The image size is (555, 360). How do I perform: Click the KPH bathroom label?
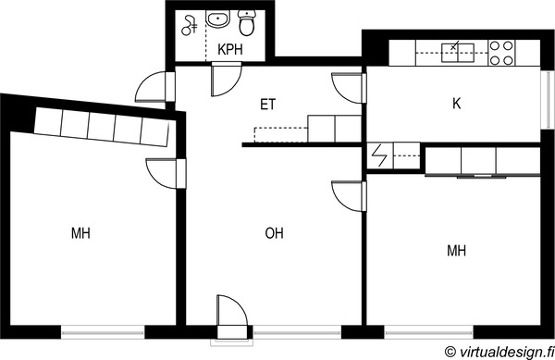pyautogui.click(x=230, y=50)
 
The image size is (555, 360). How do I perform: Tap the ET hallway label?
pyautogui.click(x=267, y=105)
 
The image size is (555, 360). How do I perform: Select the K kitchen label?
pyautogui.click(x=457, y=104)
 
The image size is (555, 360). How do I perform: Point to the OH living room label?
pyautogui.click(x=275, y=233)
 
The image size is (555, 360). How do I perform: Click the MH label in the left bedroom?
pyautogui.click(x=80, y=233)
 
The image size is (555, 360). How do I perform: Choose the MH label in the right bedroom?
pyautogui.click(x=457, y=251)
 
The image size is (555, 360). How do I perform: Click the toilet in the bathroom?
pyautogui.click(x=247, y=22)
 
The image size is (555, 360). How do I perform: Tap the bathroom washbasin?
pyautogui.click(x=218, y=19)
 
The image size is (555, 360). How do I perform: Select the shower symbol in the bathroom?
pyautogui.click(x=190, y=26)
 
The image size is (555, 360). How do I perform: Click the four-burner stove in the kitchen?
pyautogui.click(x=501, y=53)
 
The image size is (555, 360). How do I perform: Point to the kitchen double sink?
pyautogui.click(x=458, y=53)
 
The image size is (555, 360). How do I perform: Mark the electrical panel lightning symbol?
pyautogui.click(x=379, y=155)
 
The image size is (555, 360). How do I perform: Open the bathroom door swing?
pyautogui.click(x=226, y=80)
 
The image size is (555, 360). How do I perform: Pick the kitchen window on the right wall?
pyautogui.click(x=548, y=100)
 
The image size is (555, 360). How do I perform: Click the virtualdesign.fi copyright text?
pyautogui.click(x=499, y=352)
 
